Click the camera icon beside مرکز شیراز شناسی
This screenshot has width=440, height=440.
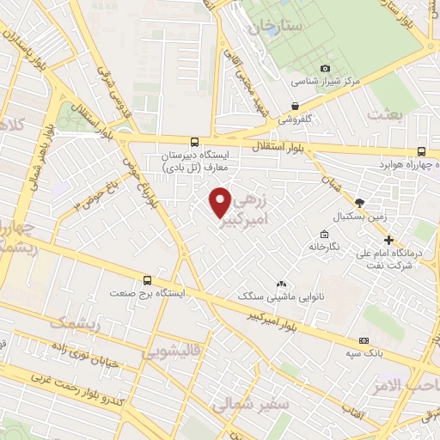[325, 69]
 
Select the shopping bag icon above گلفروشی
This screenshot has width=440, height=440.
[295, 107]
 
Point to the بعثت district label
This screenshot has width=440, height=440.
[383, 113]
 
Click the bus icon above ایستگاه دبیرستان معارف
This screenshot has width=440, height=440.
[195, 141]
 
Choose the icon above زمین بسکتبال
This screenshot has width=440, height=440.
[359, 202]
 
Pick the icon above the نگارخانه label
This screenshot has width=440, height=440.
[323, 235]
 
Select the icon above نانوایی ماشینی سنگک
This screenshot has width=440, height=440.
[280, 284]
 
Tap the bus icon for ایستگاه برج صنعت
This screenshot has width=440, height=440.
[147, 280]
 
